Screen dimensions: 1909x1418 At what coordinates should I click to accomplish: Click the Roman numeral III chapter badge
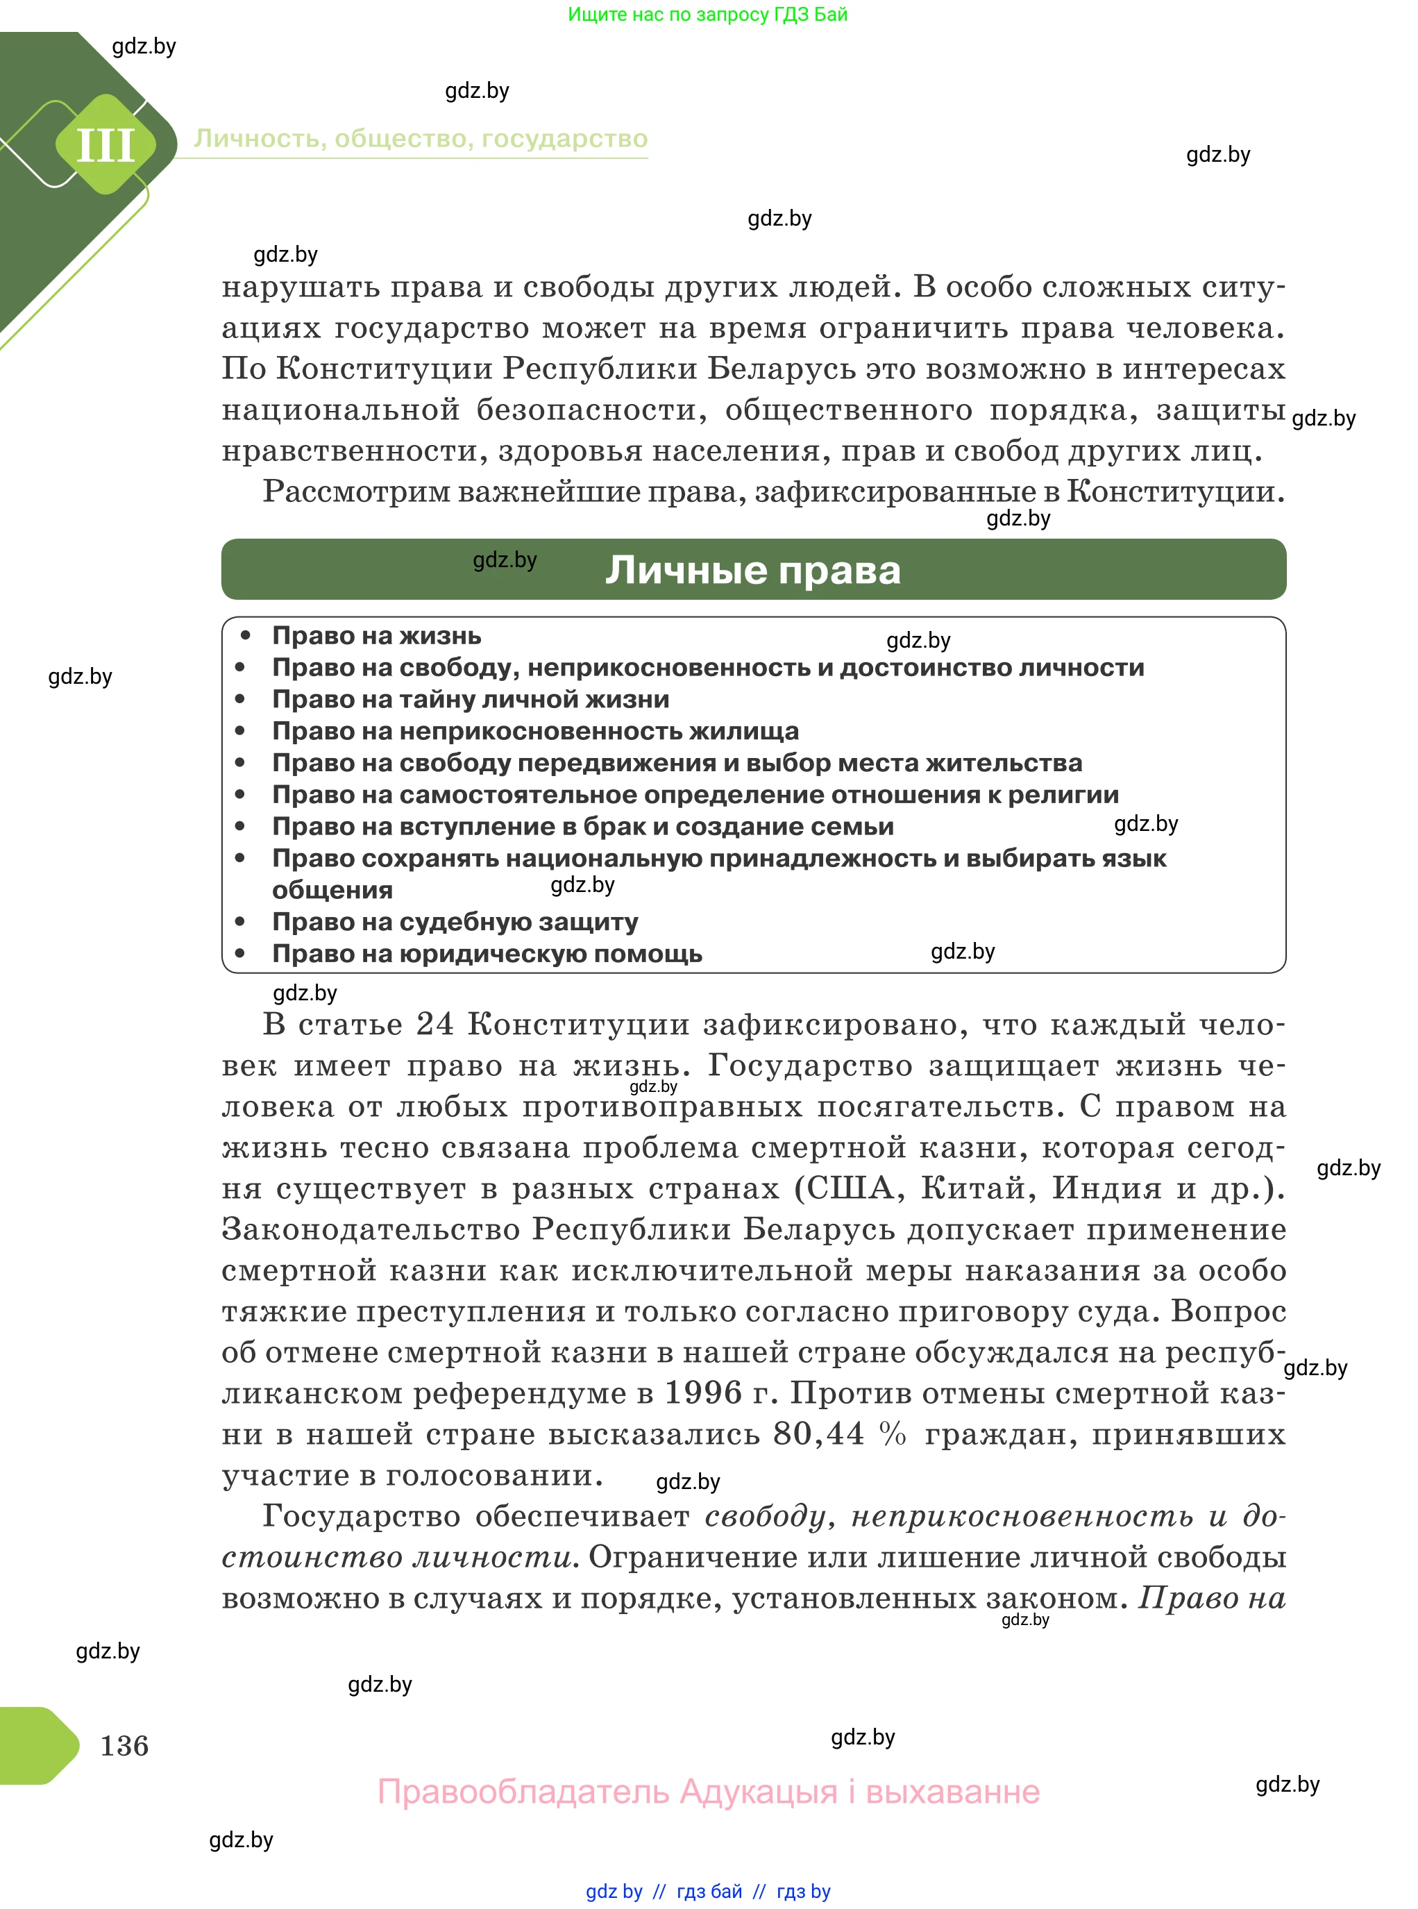(105, 144)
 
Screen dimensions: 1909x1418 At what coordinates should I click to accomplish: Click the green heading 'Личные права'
(753, 570)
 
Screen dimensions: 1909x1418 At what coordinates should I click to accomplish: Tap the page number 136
(124, 1745)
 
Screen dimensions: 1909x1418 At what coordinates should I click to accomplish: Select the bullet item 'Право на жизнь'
(376, 636)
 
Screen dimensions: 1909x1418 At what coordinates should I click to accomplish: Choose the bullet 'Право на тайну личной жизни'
(471, 700)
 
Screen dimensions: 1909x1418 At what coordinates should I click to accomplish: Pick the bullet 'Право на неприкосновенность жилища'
(534, 732)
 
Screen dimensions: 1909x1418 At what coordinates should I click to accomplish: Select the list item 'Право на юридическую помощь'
(487, 954)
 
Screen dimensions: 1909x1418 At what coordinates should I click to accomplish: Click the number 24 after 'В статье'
(434, 1025)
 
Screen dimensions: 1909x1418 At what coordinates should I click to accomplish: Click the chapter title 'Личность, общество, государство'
(421, 139)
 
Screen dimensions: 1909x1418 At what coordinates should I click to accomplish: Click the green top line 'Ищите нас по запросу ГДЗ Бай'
(707, 15)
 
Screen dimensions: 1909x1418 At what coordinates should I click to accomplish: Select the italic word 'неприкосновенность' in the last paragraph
(1022, 1517)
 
